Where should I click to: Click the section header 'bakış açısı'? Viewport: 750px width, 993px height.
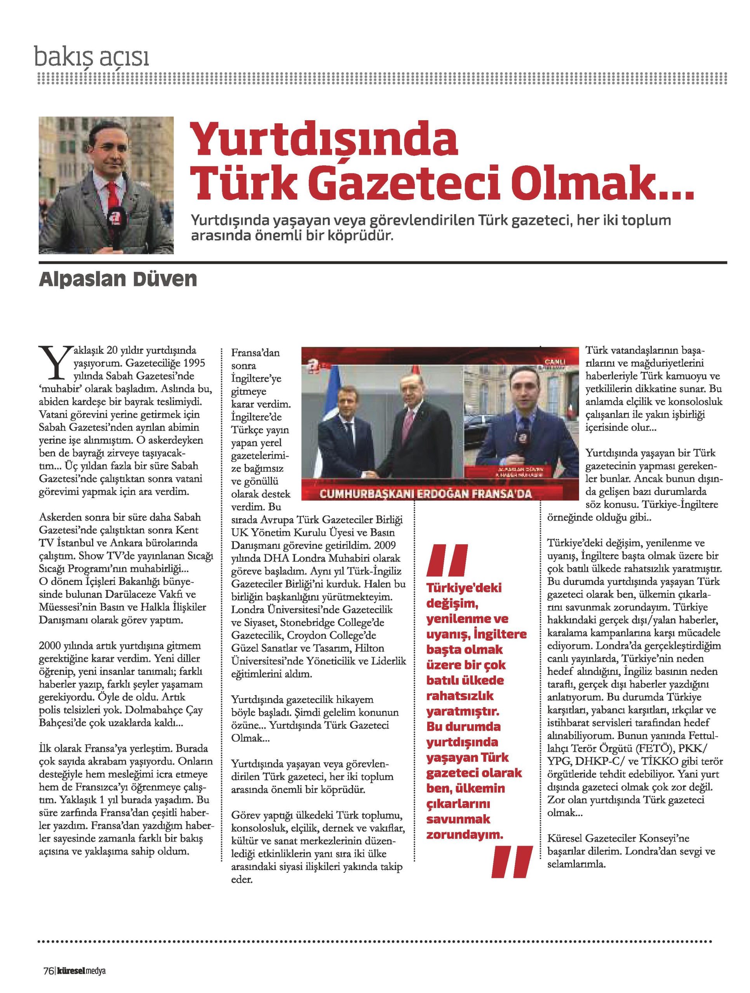coord(92,57)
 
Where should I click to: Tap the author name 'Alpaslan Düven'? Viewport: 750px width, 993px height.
coord(118,279)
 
